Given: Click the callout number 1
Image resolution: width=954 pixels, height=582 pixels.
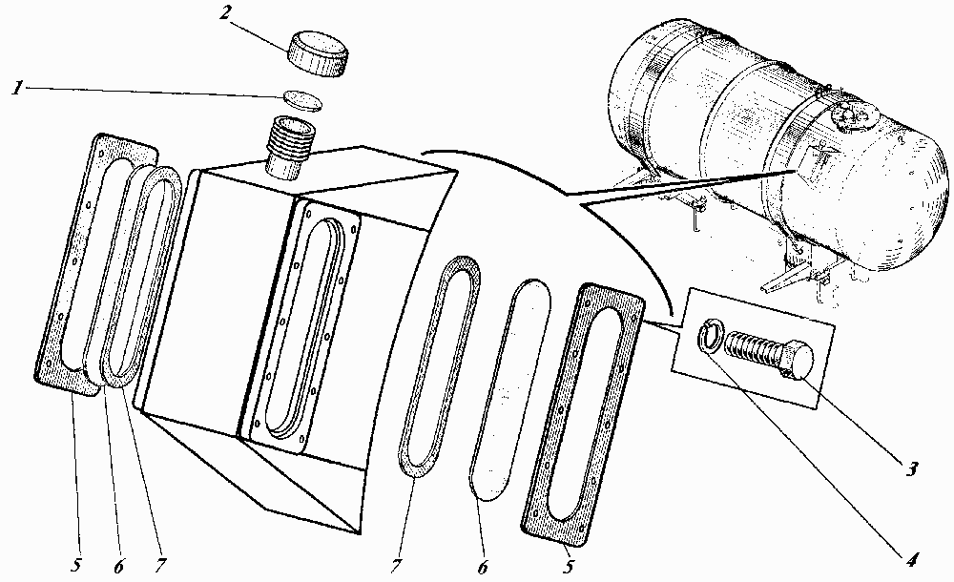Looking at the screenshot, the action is [x=17, y=89].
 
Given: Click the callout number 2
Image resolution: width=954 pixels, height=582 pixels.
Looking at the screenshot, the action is [x=225, y=13].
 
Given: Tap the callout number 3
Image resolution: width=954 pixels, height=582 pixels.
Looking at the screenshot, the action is [x=911, y=469].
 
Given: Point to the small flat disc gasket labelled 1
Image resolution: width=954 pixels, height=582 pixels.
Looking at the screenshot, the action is [x=303, y=100].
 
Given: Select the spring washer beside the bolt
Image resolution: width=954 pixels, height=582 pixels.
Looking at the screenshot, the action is [x=710, y=336].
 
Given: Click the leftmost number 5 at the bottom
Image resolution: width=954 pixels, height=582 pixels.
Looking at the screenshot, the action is [x=75, y=564].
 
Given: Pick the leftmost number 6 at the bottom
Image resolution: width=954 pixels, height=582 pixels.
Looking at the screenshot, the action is [x=118, y=566].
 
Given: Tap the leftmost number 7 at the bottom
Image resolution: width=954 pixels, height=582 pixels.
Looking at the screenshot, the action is [x=160, y=565].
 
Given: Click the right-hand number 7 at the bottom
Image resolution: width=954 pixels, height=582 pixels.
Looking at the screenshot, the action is [x=396, y=566].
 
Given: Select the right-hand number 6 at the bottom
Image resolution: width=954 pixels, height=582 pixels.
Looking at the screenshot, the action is [x=482, y=567].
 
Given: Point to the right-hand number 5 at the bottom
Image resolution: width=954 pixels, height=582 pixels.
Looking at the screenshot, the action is [x=569, y=567].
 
